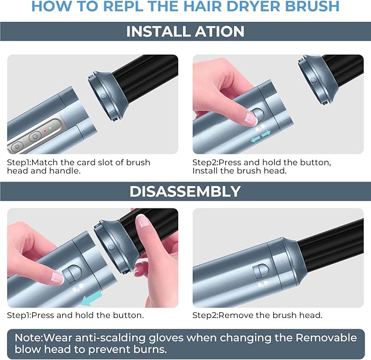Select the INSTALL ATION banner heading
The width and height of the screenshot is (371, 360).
coord(185,31)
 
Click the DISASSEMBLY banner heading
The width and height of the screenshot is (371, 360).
coord(185,191)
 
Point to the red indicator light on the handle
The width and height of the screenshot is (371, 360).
coord(45,131)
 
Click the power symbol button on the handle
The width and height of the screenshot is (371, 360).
coord(33,137)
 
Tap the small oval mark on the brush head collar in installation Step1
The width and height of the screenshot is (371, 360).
coord(104,96)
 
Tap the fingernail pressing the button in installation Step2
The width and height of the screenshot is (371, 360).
coord(250,118)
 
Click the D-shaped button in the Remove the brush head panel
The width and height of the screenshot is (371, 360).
coord(261,271)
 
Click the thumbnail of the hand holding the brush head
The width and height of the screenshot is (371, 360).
coord(143,221)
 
